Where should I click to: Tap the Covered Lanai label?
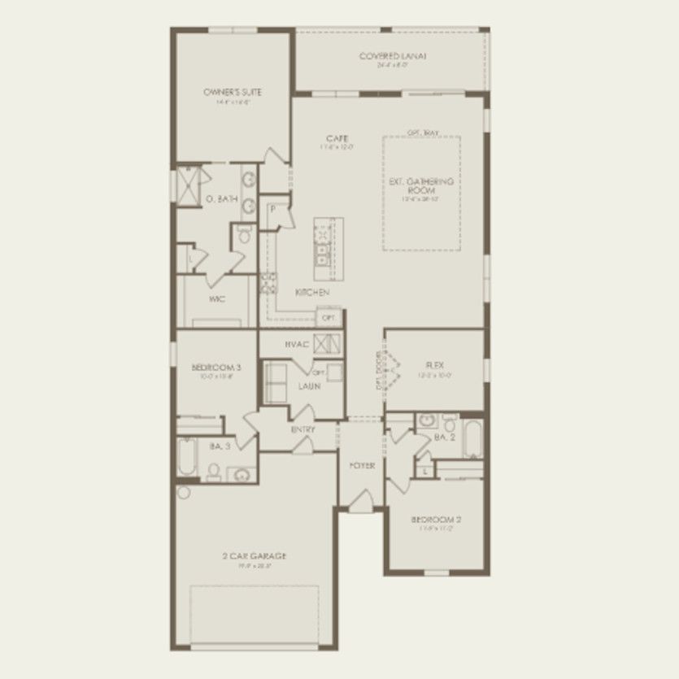393,56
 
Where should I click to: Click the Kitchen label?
311,292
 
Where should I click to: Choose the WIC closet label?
217,299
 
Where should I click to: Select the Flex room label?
433,365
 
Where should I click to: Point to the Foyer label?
362,466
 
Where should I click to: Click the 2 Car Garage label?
254,556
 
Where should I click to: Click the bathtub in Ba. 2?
472,439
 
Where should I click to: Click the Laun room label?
308,386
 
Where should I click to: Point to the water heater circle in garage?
183,492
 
